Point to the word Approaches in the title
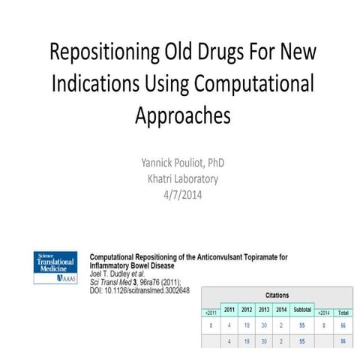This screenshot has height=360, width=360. click(181, 116)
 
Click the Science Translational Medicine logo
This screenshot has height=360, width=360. click(57, 266)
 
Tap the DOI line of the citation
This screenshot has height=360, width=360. click(139, 290)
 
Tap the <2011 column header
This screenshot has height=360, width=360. click(210, 312)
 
